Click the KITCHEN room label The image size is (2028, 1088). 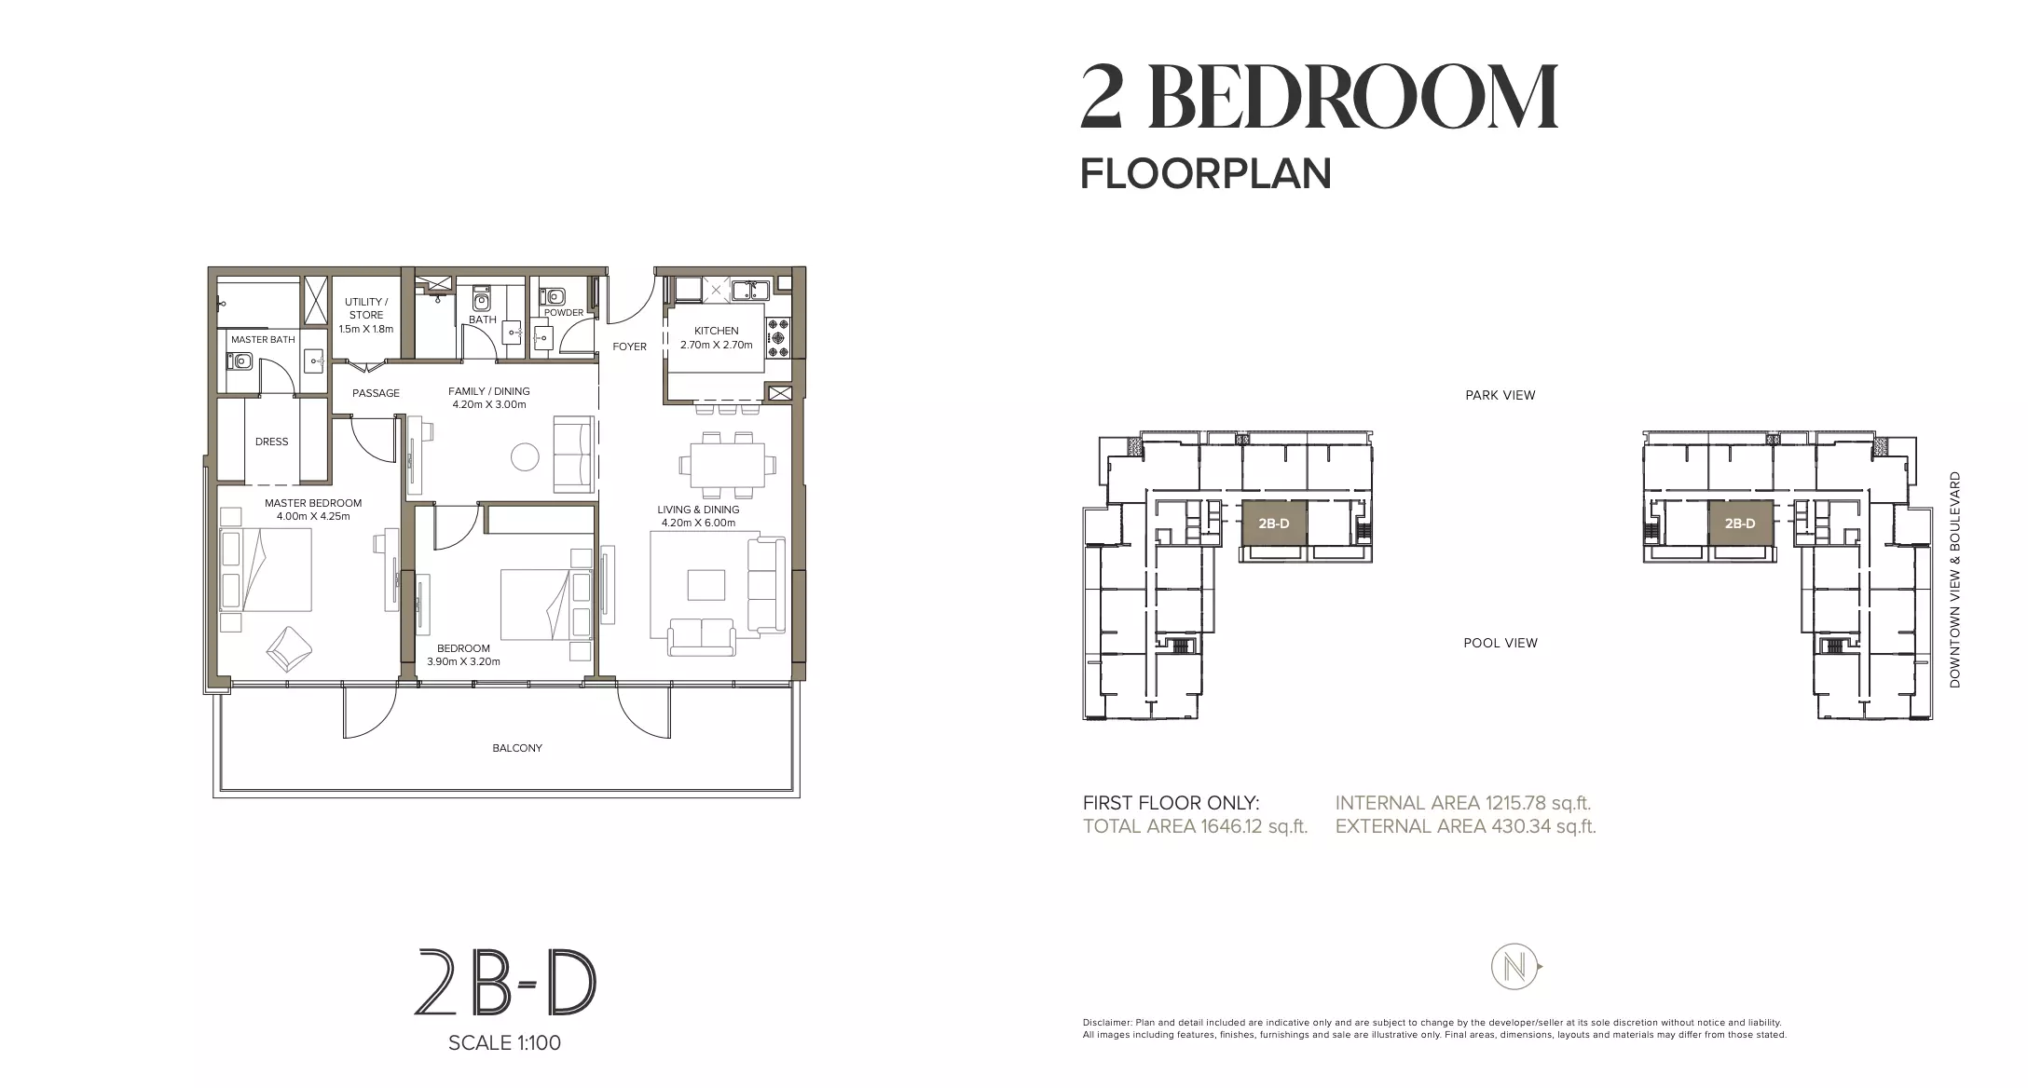716,331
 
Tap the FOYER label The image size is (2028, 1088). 629,347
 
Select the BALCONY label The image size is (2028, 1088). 517,748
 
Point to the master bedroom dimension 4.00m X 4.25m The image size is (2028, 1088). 313,516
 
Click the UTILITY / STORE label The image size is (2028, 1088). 366,308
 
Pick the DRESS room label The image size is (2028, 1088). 271,442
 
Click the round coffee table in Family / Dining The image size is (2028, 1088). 525,456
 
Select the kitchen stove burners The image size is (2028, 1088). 777,338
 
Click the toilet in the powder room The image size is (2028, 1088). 556,295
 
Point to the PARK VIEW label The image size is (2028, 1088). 1500,395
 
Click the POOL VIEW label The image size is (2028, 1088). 1500,643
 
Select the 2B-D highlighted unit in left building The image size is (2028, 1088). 1274,524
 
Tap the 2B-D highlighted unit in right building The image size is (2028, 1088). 1739,524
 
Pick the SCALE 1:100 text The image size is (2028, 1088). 504,1043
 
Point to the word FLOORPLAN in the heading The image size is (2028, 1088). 1206,174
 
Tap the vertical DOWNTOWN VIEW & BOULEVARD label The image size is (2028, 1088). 1955,579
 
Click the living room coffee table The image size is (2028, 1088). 706,585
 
